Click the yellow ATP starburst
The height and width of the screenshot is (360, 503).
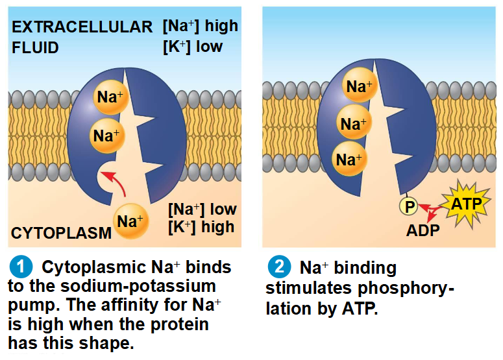pos(467,204)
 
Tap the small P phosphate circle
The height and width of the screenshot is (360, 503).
pos(408,206)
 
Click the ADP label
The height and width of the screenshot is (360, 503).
pos(423,230)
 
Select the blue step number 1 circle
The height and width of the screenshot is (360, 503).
pos(21,267)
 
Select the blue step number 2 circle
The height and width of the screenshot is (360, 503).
pos(280,267)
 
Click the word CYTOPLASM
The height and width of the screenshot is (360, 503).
pos(61,233)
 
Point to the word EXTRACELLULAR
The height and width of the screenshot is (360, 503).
pos(82,27)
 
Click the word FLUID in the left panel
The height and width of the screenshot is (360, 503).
pos(35,47)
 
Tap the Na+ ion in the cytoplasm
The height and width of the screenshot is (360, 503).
pos(130,221)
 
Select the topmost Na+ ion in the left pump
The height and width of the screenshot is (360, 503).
pos(111,97)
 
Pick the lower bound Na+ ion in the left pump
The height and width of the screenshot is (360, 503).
pos(107,136)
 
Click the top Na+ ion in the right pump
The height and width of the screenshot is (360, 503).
pos(360,85)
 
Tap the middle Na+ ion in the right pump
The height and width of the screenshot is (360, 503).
pos(354,122)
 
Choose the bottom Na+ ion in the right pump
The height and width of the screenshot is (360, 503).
pos(349,159)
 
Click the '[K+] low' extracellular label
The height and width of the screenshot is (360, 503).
pos(193,47)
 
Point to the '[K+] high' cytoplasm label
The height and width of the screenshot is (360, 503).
pos(201,227)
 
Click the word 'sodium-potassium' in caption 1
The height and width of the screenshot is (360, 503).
pos(138,286)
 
